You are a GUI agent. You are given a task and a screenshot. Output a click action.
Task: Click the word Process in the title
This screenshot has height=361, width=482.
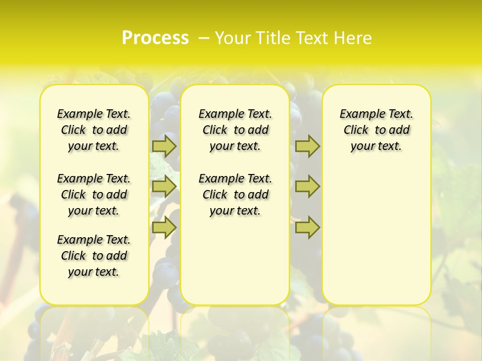tap(155, 38)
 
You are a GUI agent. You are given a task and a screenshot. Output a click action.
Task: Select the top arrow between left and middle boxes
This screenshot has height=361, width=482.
tap(164, 146)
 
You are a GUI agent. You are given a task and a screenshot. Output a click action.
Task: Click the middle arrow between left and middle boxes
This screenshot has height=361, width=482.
tap(164, 187)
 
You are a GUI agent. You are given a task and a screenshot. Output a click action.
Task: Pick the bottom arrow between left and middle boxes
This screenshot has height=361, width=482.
tap(164, 227)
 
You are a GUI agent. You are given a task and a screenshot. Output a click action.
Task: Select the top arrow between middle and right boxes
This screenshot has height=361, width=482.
tap(307, 146)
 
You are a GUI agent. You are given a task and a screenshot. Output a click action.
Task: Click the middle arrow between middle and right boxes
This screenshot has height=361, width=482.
tap(307, 187)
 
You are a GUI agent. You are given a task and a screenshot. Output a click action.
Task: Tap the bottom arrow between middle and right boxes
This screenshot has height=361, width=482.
tap(307, 227)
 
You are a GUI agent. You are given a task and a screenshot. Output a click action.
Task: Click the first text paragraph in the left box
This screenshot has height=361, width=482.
tap(94, 130)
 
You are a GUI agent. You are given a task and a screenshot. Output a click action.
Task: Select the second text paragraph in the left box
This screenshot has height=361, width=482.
tap(94, 195)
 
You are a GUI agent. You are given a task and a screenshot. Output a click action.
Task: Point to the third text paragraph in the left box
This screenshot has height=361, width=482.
tap(94, 256)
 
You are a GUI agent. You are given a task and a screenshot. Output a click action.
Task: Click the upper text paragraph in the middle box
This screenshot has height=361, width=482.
tap(235, 130)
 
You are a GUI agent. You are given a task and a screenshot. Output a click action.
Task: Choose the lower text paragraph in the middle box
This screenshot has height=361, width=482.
tap(235, 195)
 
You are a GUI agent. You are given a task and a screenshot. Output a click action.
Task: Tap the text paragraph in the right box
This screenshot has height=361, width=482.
tap(377, 130)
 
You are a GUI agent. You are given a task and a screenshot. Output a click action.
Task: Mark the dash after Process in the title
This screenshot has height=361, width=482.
tap(204, 38)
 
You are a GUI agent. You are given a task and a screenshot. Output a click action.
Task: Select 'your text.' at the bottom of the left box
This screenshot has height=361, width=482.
tap(94, 272)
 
